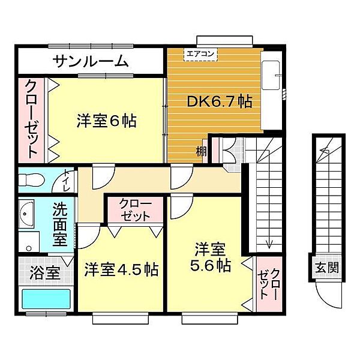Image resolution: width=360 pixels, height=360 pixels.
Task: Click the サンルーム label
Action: pos(91,61)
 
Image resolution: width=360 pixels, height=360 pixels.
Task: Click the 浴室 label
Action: pos(44,273)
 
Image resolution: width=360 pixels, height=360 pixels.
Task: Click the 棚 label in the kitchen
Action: pos(200,152)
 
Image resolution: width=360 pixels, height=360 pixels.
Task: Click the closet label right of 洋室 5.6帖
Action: pos(268,284)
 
